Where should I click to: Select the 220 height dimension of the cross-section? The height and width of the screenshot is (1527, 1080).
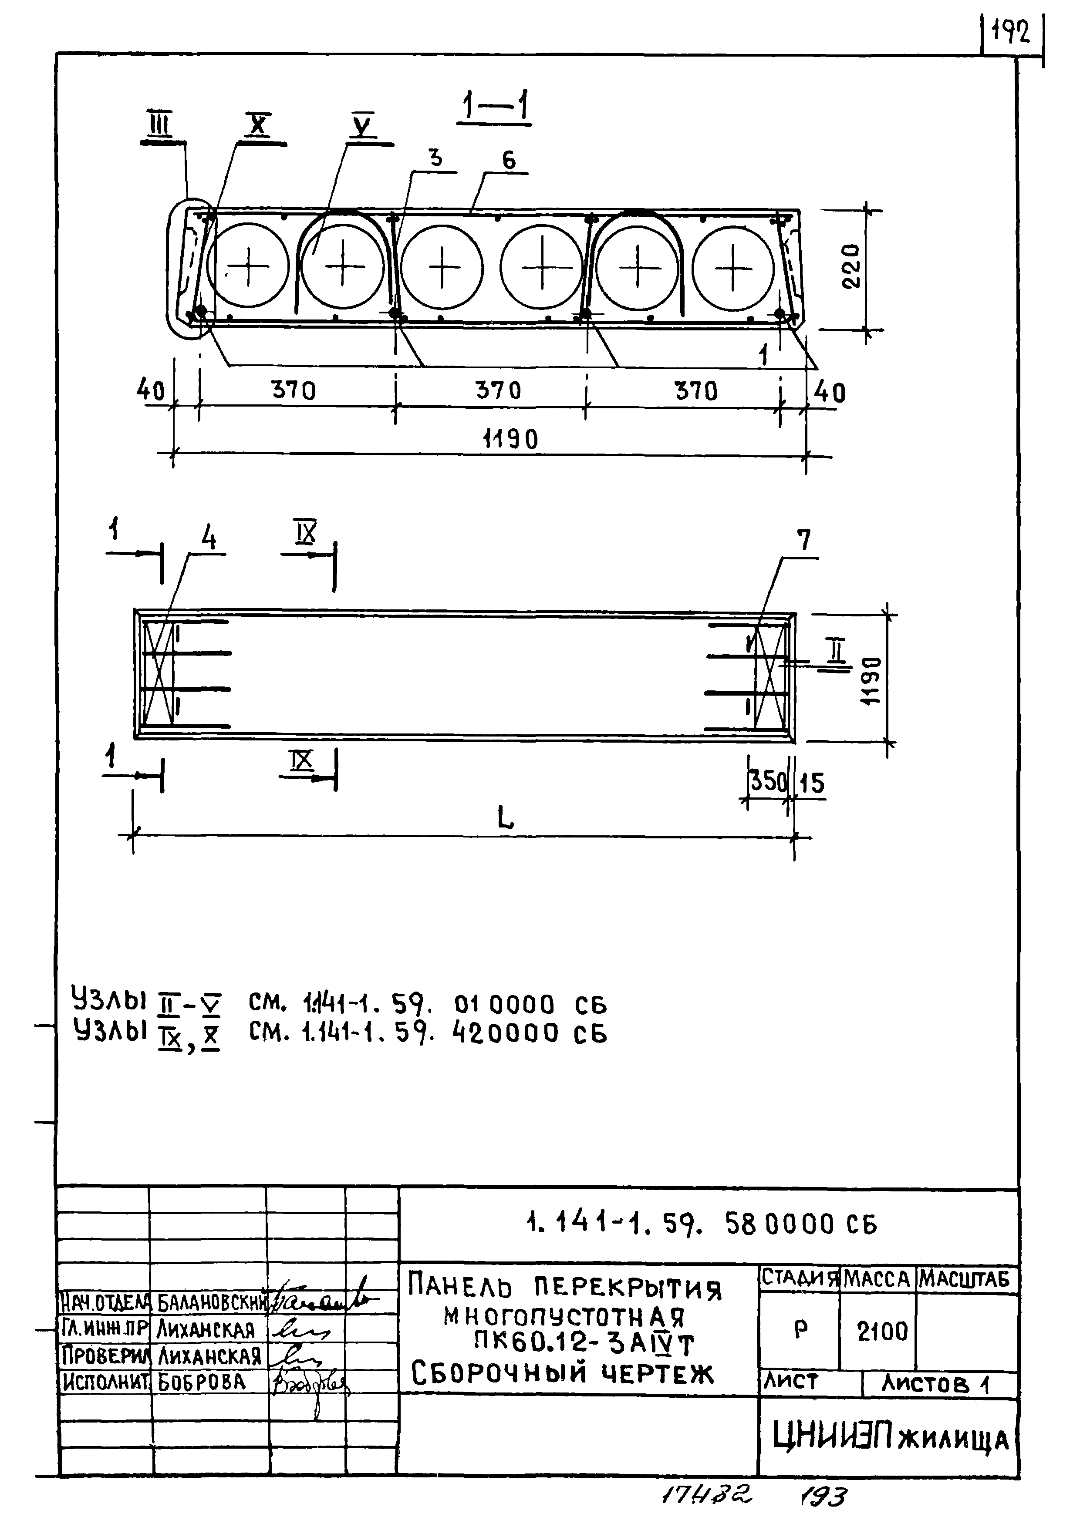tap(851, 267)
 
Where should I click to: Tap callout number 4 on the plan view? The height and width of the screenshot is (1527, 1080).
tap(209, 538)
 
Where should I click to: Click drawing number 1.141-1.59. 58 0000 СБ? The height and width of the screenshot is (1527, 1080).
tap(702, 1224)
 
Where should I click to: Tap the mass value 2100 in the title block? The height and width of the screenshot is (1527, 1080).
tap(882, 1332)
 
